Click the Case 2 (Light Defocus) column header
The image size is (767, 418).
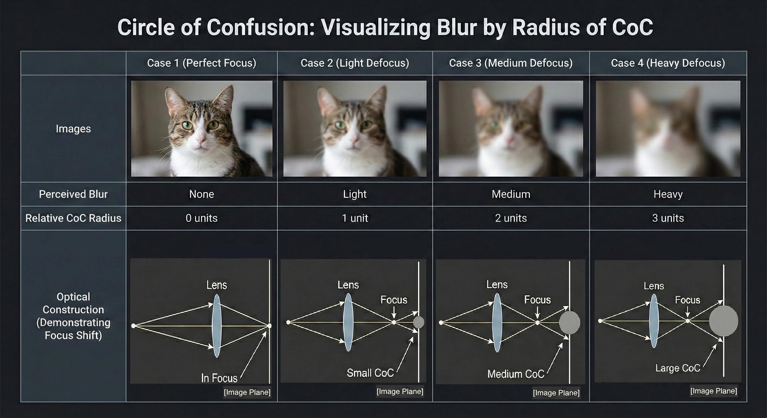pyautogui.click(x=355, y=63)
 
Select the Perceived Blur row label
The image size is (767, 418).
pyautogui.click(x=73, y=194)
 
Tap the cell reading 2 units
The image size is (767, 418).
pyautogui.click(x=511, y=218)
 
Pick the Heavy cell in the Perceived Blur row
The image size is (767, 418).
pyautogui.click(x=668, y=194)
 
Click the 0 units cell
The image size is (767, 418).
pyautogui.click(x=202, y=218)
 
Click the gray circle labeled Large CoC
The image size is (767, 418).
pyautogui.click(x=723, y=321)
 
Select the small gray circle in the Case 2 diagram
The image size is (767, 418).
pyautogui.click(x=418, y=322)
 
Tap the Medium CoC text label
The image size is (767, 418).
pyautogui.click(x=516, y=374)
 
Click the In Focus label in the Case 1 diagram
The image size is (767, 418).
pyautogui.click(x=219, y=378)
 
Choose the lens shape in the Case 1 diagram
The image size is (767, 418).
pyautogui.click(x=217, y=326)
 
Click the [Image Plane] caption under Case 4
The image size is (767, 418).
pyautogui.click(x=714, y=391)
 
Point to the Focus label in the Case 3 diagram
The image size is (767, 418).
pyautogui.click(x=537, y=300)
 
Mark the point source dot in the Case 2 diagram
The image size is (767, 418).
pyautogui.click(x=288, y=322)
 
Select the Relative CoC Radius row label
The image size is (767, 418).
pyautogui.click(x=73, y=218)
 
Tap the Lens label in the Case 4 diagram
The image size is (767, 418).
pyautogui.click(x=654, y=286)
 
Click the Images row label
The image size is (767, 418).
pyautogui.click(x=73, y=129)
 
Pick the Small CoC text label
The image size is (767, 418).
pyautogui.click(x=370, y=373)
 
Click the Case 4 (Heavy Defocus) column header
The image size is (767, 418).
pyautogui.click(x=668, y=63)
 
